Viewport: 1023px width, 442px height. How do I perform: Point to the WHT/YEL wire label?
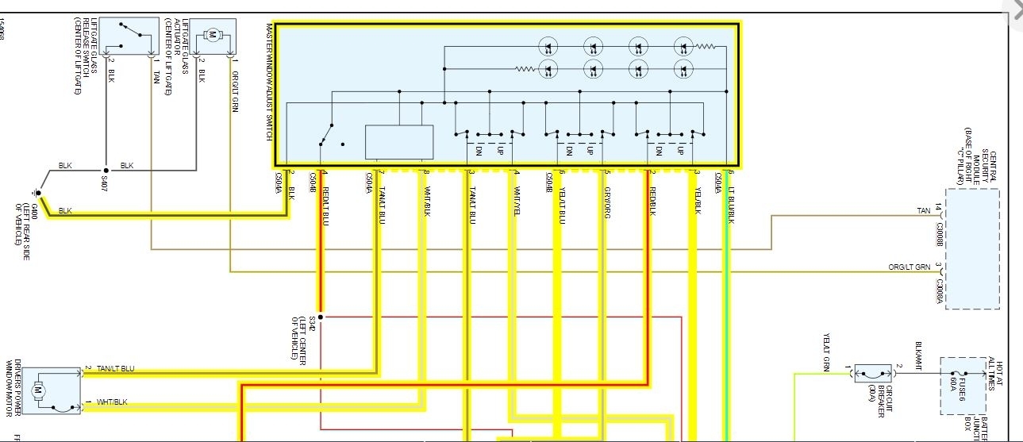click(517, 201)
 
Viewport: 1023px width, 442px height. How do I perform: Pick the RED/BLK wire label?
click(653, 201)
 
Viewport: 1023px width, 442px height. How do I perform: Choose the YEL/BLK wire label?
click(698, 201)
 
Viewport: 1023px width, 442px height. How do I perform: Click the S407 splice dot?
click(106, 170)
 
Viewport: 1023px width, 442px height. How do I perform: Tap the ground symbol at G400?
click(37, 192)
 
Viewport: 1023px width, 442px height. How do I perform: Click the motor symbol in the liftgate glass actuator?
click(213, 35)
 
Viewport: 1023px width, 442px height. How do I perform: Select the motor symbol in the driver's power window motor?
click(37, 390)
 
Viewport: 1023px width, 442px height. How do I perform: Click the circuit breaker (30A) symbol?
click(872, 373)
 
